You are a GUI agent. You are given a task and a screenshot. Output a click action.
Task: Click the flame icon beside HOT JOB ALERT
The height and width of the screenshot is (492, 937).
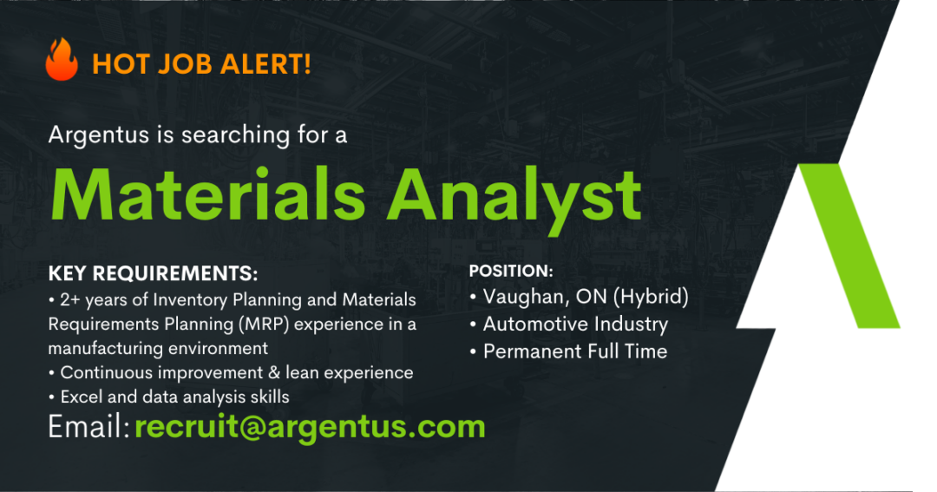tap(62, 59)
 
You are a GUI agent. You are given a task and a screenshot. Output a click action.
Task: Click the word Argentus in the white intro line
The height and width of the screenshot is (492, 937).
tap(99, 135)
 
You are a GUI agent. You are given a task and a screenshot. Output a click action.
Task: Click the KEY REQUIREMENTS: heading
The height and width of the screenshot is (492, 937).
tap(153, 274)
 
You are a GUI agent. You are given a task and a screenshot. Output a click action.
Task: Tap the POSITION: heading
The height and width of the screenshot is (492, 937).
tap(511, 272)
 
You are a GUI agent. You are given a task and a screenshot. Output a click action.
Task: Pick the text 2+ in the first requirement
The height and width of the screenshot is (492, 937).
tap(70, 299)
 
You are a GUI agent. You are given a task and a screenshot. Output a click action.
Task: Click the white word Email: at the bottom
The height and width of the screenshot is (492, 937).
tap(89, 427)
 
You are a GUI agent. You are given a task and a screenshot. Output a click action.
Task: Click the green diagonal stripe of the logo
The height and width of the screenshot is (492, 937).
tap(849, 246)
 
